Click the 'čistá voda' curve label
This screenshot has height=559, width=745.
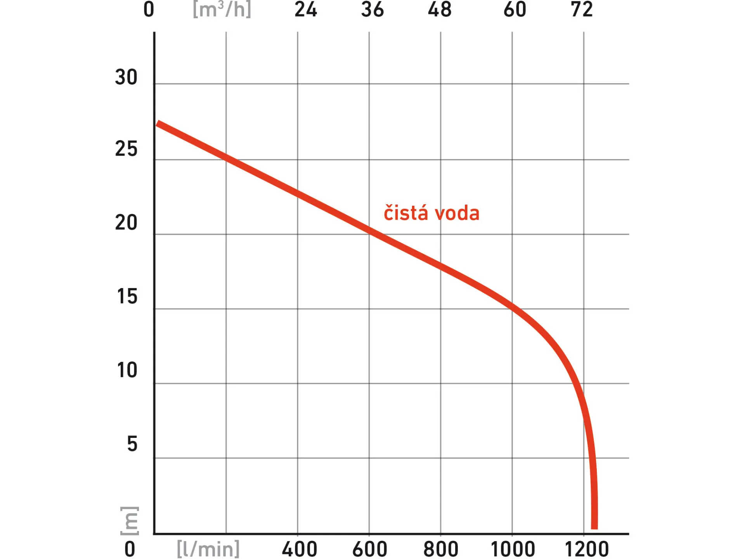pyautogui.click(x=431, y=214)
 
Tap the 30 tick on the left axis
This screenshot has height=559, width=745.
pyautogui.click(x=126, y=77)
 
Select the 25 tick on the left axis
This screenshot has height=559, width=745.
pyautogui.click(x=126, y=149)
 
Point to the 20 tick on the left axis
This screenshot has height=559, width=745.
pyautogui.click(x=126, y=223)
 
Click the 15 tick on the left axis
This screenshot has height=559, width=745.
pyautogui.click(x=127, y=297)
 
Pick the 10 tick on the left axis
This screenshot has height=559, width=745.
pyautogui.click(x=127, y=370)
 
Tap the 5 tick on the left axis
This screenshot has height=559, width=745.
pyautogui.click(x=132, y=444)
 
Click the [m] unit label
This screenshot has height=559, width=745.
pyautogui.click(x=130, y=521)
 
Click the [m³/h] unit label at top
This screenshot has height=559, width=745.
pyautogui.click(x=222, y=9)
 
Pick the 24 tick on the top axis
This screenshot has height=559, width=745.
pyautogui.click(x=306, y=9)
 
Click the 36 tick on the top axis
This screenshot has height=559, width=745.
pyautogui.click(x=372, y=9)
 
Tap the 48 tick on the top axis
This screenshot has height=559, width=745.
pyautogui.click(x=440, y=9)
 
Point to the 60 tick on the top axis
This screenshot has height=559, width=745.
pyautogui.click(x=515, y=9)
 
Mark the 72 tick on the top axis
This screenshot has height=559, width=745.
pyautogui.click(x=582, y=9)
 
